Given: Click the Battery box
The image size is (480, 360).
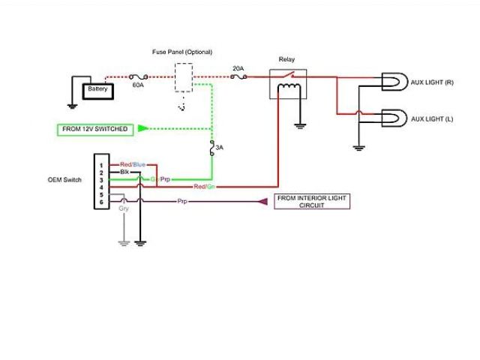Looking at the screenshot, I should (97, 89).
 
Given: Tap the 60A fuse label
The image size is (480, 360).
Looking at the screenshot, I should (138, 86).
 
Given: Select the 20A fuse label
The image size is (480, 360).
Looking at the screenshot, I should (238, 68).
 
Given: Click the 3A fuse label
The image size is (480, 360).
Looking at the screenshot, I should (220, 148).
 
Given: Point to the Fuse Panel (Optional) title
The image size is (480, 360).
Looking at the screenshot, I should (182, 52).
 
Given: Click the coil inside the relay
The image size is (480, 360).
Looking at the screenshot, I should (288, 91).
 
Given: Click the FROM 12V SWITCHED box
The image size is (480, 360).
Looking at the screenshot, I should (94, 129).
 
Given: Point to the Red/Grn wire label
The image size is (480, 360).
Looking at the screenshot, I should (204, 186).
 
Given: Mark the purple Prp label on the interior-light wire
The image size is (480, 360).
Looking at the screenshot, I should (182, 201).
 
